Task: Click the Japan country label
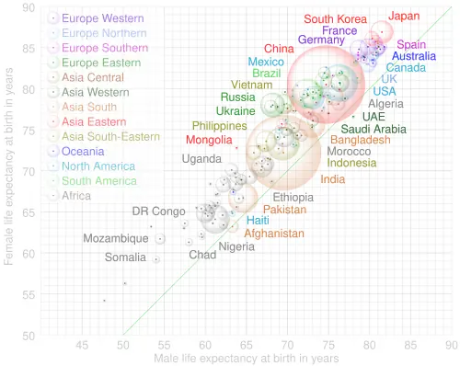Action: coord(404,16)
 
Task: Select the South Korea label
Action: coord(335,19)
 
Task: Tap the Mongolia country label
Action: coord(209,140)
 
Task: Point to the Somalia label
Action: coord(125,257)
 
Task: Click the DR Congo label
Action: coord(158,212)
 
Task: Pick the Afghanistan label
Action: coord(274,234)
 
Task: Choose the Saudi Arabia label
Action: coord(374,129)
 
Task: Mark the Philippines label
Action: coord(219,126)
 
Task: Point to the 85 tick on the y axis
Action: coord(29,49)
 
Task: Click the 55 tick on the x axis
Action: coord(164,346)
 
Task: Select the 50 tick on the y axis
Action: coord(29,336)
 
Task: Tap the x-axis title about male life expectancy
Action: coord(247,359)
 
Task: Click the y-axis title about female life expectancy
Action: coord(8,166)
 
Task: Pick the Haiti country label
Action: coord(258,221)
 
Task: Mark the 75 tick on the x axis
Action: coord(328,346)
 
